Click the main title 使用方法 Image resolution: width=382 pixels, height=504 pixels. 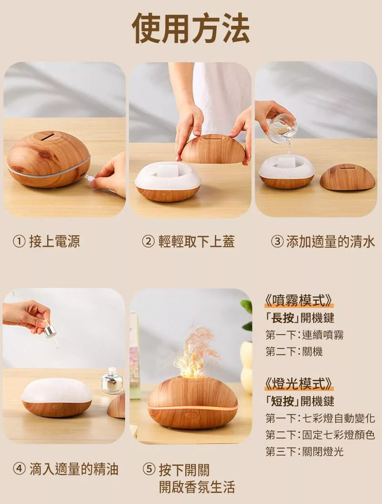191,28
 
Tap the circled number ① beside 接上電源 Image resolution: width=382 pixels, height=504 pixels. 19,241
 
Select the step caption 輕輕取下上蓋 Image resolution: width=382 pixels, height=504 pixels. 196,241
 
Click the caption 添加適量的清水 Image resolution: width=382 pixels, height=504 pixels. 330,241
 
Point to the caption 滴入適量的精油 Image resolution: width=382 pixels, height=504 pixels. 74,469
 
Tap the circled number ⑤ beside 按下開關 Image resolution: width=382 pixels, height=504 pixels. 149,469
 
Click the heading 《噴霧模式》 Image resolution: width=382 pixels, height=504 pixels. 298,301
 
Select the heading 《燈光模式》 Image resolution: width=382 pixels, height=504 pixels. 298,383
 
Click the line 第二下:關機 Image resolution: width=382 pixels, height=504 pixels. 294,351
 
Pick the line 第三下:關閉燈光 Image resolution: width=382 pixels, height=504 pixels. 305,451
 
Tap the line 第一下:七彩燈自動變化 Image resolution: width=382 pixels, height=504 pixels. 320,418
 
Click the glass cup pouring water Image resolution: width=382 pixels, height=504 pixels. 282,127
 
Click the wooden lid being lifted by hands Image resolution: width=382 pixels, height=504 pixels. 212,148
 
